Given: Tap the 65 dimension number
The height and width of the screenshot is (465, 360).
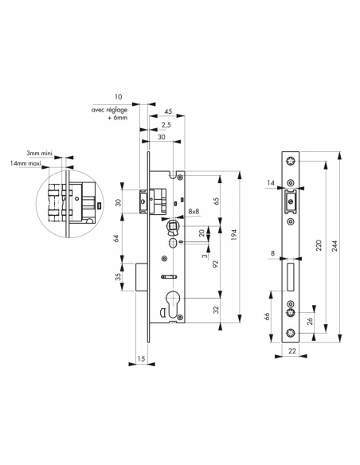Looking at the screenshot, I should coord(217,200).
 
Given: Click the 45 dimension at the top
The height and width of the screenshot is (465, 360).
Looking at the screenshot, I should coord(168,111).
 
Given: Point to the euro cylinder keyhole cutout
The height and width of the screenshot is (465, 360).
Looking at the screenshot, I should coord(170,301).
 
